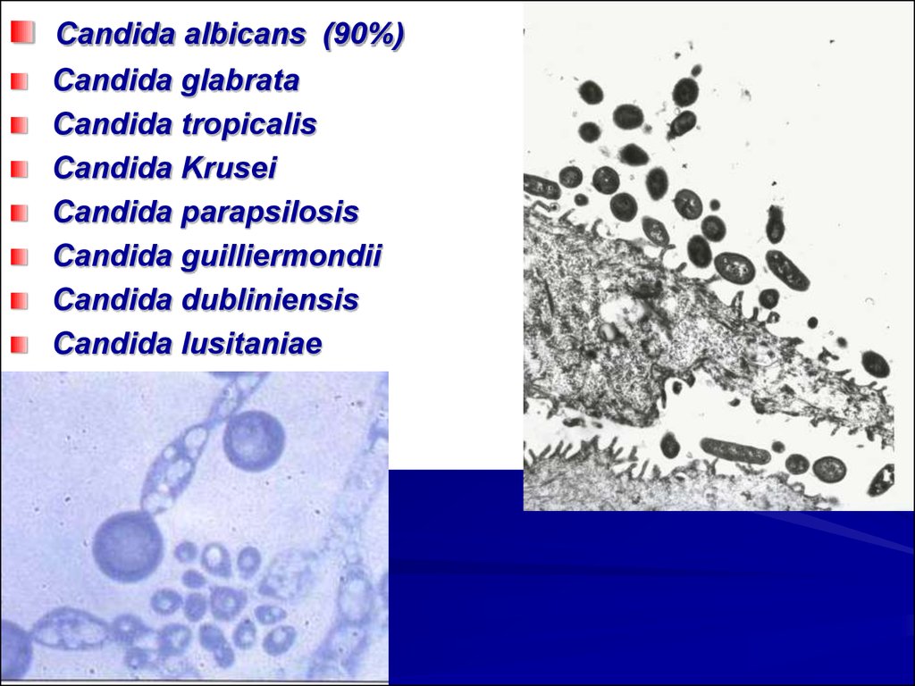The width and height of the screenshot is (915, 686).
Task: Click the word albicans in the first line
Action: click(245, 34)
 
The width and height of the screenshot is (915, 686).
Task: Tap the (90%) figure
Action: click(363, 35)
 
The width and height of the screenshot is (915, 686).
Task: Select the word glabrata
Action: click(240, 81)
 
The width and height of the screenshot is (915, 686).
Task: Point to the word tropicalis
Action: click(249, 125)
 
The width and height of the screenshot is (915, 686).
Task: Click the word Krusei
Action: click(230, 168)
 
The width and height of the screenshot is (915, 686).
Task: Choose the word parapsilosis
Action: click(270, 213)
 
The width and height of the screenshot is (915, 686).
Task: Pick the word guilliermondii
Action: click(281, 256)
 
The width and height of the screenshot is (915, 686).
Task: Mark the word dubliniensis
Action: click(270, 300)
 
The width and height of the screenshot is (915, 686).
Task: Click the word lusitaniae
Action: click(252, 343)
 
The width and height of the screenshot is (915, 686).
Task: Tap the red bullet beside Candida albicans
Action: click(22, 32)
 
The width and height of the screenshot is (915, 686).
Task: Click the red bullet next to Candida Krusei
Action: click(20, 169)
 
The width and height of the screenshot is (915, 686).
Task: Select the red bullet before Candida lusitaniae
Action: click(20, 344)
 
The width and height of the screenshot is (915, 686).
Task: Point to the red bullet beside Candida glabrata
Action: click(20, 81)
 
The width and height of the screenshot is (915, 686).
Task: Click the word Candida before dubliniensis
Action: click(113, 300)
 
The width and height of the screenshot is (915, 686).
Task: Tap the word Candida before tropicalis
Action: click(113, 125)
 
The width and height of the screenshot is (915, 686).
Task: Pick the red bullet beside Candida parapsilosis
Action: click(20, 213)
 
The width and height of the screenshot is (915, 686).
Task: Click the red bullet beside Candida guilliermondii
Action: click(20, 256)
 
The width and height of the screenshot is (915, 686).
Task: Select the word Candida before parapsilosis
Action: click(113, 213)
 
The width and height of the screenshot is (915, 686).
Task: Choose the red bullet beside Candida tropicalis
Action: click(20, 125)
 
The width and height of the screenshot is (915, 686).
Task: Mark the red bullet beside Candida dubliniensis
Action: click(20, 300)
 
